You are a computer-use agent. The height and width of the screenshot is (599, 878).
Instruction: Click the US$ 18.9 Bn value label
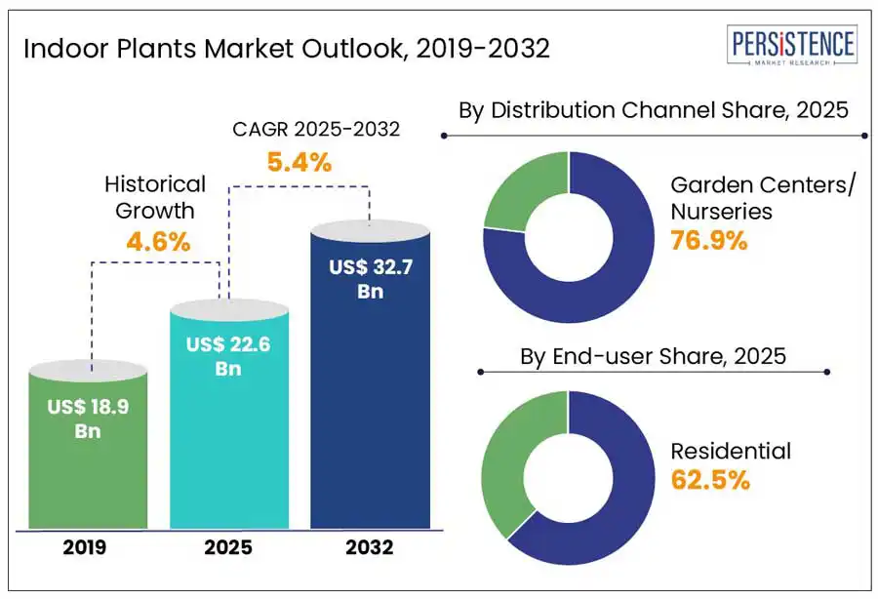pos(88,419)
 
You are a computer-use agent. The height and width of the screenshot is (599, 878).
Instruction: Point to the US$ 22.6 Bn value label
pos(228,357)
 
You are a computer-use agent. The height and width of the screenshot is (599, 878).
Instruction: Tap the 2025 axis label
pos(228,547)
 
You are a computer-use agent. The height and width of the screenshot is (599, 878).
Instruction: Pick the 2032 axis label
pos(370,547)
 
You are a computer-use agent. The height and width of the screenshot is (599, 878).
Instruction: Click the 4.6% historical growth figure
pos(157,241)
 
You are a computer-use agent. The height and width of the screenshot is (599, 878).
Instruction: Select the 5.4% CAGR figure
pos(299,162)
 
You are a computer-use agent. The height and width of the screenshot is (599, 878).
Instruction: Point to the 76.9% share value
pos(708,240)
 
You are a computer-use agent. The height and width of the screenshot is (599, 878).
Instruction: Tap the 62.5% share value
pos(710,479)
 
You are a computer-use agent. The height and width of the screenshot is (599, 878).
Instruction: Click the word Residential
pos(730,451)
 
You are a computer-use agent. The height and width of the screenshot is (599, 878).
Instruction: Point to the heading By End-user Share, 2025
pos(653,357)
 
